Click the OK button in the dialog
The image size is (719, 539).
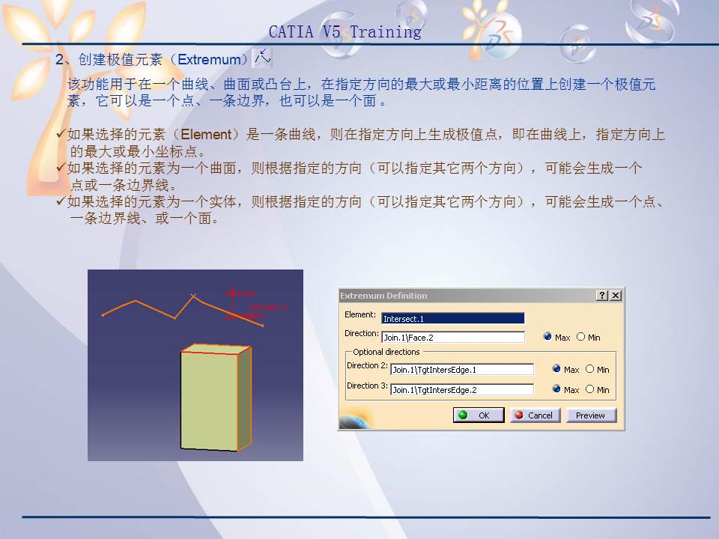[x=478, y=415]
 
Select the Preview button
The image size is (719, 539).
[x=590, y=415]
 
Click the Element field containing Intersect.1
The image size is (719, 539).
[x=452, y=318]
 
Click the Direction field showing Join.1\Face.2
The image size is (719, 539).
[x=452, y=338]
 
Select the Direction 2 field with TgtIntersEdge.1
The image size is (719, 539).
[x=461, y=369]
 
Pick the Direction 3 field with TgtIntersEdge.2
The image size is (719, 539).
[x=461, y=389]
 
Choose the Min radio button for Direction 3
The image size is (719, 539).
[x=590, y=389]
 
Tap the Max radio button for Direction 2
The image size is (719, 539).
[x=556, y=369]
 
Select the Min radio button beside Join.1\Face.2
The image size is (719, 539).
[x=581, y=337]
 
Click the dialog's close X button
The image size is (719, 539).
[x=616, y=296]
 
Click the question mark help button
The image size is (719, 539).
[x=602, y=296]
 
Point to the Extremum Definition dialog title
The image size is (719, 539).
[x=383, y=296]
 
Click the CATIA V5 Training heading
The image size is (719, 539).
[x=345, y=32]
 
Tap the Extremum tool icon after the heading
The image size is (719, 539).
[x=262, y=57]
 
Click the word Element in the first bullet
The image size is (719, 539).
[x=206, y=135]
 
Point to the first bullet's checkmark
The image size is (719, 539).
[x=61, y=134]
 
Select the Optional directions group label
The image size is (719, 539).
[x=386, y=352]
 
